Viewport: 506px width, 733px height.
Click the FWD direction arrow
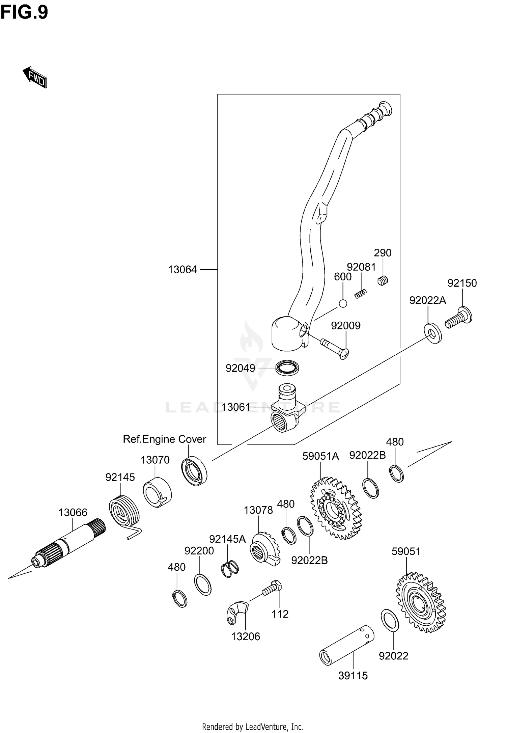(x=35, y=77)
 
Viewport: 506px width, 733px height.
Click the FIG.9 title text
(x=24, y=12)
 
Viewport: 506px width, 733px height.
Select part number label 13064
(x=182, y=270)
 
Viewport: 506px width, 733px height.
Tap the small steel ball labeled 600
(x=343, y=303)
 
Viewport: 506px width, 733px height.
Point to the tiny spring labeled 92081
(x=360, y=294)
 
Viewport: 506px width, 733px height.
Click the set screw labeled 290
(x=383, y=280)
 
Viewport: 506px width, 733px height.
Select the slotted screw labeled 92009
(x=334, y=347)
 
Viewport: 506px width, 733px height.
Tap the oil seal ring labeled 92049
(x=287, y=367)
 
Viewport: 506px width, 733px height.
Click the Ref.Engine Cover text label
(x=164, y=439)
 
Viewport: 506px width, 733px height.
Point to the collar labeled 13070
(x=157, y=491)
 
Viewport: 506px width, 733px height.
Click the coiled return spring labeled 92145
(x=124, y=513)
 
